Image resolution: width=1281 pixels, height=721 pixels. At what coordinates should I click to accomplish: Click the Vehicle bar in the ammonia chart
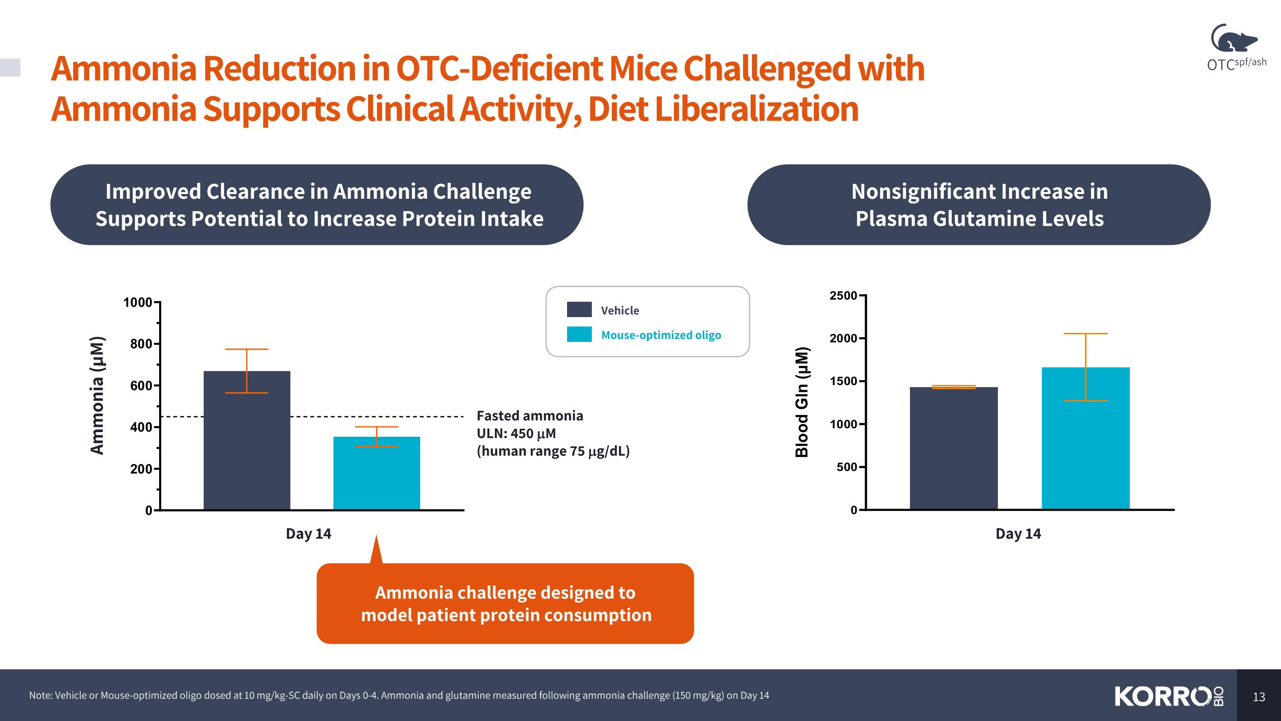pos(247,448)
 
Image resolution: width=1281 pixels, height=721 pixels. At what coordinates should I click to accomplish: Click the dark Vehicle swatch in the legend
pos(579,309)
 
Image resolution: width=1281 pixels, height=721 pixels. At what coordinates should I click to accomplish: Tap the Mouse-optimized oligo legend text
pos(661,335)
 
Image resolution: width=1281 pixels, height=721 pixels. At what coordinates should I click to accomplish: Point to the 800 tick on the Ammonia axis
pos(141,344)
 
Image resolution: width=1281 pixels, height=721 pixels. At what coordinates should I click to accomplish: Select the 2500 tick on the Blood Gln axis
pos(843,296)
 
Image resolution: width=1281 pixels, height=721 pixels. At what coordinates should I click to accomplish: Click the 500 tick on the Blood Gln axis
pos(847,467)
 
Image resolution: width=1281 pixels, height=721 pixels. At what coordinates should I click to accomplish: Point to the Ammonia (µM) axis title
pos(97,396)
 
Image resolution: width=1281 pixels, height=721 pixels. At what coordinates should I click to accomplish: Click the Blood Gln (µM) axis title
pos(801,402)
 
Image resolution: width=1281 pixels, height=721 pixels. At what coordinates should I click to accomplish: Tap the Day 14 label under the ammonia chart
pos(308,534)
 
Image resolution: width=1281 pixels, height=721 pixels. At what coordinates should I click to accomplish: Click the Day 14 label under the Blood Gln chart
pos(1018,534)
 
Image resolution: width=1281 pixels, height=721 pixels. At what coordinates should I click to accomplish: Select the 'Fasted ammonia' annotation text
pos(529,416)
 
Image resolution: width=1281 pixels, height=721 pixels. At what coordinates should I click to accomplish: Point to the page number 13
pos(1259,697)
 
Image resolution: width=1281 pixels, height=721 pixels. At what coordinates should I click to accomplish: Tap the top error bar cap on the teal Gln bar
pos(1085,334)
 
